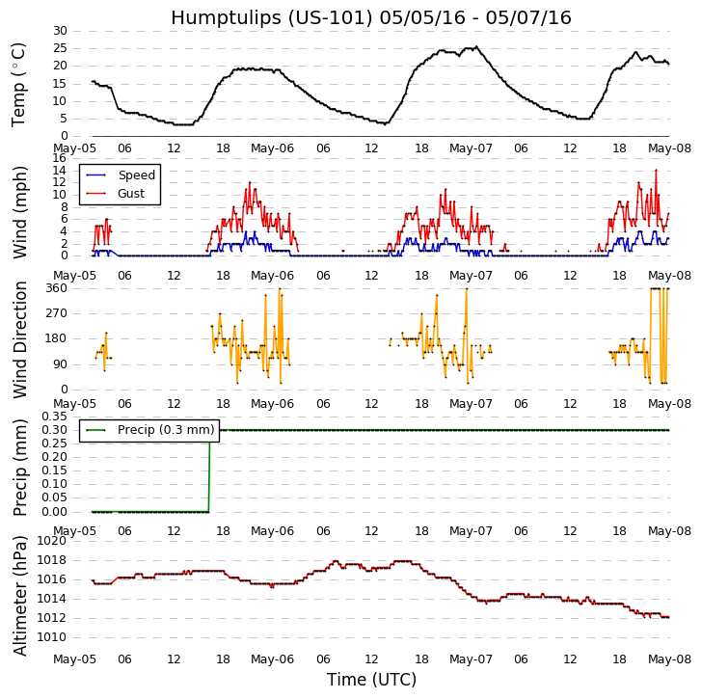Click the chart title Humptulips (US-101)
click(x=371, y=18)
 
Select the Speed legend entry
click(x=136, y=175)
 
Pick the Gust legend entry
click(x=131, y=194)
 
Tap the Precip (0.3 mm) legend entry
click(x=165, y=430)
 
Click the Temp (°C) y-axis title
click(x=19, y=84)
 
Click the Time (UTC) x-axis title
click(x=371, y=680)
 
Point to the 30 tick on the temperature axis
click(x=60, y=31)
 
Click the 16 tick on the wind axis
click(x=60, y=158)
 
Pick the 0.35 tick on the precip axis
click(x=53, y=416)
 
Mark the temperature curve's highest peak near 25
click(x=475, y=46)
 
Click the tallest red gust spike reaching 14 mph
click(x=656, y=171)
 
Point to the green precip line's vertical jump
click(x=209, y=470)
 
